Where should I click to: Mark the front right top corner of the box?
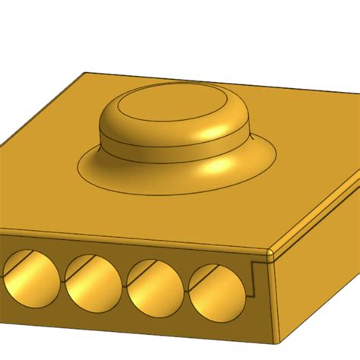(271, 248)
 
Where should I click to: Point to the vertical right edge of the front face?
(271, 296)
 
